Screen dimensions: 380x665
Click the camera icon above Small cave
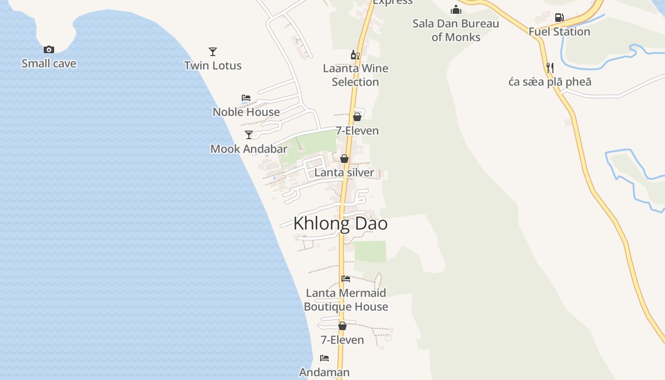click(49, 50)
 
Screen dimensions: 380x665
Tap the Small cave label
click(49, 64)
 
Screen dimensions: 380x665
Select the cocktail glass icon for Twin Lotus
click(213, 51)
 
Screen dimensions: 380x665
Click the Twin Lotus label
click(213, 66)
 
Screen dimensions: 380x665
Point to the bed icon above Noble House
click(246, 98)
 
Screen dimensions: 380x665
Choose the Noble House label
click(246, 112)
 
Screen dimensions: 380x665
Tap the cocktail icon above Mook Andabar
click(249, 135)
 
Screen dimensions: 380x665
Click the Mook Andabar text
click(249, 149)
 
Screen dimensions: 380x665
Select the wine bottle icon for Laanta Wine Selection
click(355, 55)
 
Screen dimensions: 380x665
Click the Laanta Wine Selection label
click(355, 75)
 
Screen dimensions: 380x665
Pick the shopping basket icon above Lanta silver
click(344, 159)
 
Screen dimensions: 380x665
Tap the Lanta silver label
click(344, 172)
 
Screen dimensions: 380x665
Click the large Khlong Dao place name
click(341, 224)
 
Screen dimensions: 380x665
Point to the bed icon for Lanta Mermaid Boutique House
click(346, 279)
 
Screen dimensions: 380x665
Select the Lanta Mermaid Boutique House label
click(346, 300)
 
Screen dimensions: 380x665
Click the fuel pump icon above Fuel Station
click(560, 18)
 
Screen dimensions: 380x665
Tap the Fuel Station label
click(560, 32)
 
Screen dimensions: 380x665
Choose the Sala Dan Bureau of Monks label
click(456, 30)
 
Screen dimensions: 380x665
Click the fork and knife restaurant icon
click(550, 68)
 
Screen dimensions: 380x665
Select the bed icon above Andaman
click(324, 358)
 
